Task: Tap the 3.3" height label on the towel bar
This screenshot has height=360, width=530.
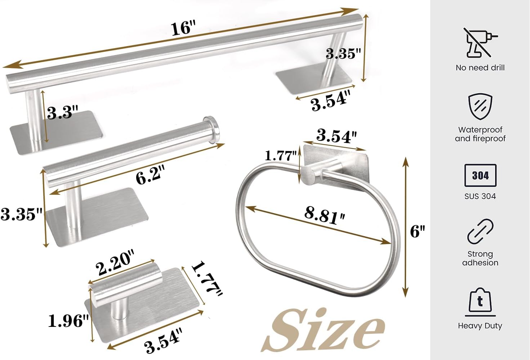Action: click(62, 113)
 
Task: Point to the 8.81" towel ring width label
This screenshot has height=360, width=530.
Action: click(325, 215)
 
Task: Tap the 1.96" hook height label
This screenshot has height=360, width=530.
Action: click(68, 320)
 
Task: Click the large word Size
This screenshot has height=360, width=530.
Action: click(324, 330)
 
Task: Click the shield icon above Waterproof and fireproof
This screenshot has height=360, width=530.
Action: click(480, 106)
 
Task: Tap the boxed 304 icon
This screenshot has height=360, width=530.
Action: click(480, 175)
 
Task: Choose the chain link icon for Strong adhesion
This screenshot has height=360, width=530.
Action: click(480, 231)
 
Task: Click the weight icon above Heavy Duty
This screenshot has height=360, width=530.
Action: click(480, 300)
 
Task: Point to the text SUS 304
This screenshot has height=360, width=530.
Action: click(480, 196)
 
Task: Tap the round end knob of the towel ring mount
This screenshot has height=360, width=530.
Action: click(308, 175)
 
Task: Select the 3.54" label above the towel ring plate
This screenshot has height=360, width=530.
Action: click(336, 136)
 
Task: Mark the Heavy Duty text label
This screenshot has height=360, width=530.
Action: click(480, 326)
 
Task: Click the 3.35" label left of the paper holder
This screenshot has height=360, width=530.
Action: click(21, 214)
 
